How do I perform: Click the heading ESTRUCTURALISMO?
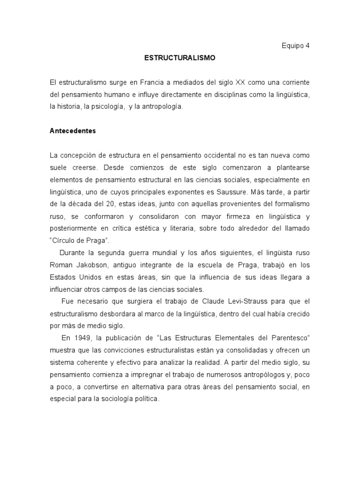[x=179, y=58]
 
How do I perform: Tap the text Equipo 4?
[x=295, y=46]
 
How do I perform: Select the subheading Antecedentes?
[x=73, y=131]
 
